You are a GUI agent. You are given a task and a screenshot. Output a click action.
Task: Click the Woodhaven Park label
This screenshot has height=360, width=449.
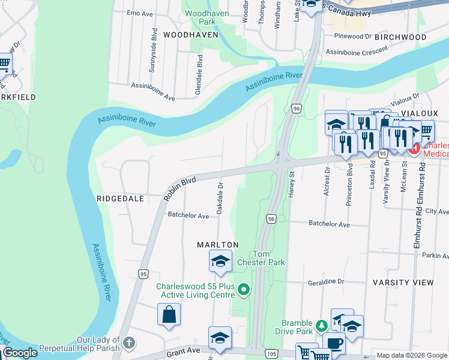pyautogui.click(x=200, y=17)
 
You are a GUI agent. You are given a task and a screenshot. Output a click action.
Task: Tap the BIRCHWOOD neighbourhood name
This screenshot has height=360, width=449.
pyautogui.click(x=400, y=37)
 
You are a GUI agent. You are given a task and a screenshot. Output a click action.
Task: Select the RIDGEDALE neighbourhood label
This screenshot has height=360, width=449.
pyautogui.click(x=121, y=198)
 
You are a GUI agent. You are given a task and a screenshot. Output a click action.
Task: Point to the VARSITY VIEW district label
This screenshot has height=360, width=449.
pyautogui.click(x=403, y=282)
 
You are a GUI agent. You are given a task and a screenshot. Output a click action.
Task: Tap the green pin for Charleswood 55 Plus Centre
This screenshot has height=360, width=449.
pyautogui.click(x=243, y=290)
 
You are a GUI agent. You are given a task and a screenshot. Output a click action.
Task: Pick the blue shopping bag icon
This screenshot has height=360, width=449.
pyautogui.click(x=169, y=314)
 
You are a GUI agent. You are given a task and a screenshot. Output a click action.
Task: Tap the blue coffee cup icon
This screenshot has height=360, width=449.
pyautogui.click(x=334, y=344)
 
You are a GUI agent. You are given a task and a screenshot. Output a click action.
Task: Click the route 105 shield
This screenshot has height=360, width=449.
pyautogui.click(x=271, y=354)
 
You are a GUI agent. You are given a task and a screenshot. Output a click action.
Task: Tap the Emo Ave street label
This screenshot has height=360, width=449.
pyautogui.click(x=139, y=12)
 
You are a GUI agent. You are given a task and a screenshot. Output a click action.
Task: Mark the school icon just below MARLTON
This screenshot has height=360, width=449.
pyautogui.click(x=220, y=260)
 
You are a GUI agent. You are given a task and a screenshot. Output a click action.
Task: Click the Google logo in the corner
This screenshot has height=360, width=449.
pyautogui.click(x=20, y=353)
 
